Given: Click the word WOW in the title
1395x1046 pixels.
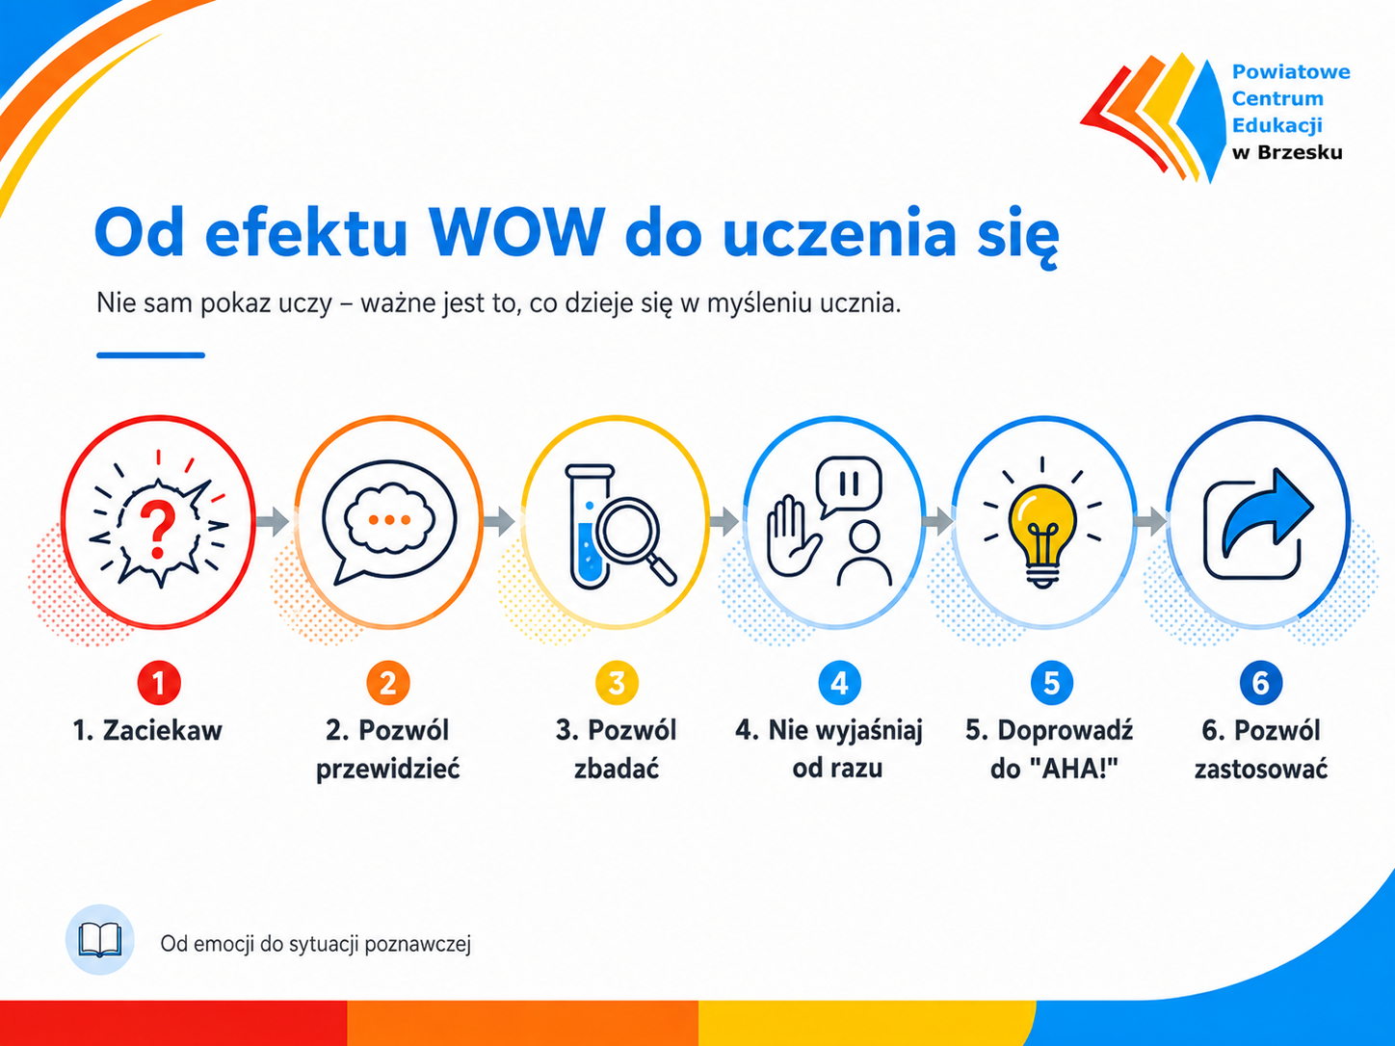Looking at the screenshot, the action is [x=516, y=232].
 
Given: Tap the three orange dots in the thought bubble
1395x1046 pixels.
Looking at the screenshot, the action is [x=389, y=520].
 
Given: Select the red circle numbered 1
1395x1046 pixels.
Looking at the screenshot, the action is [x=159, y=683].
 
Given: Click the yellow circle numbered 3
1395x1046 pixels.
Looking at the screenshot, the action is [x=617, y=683].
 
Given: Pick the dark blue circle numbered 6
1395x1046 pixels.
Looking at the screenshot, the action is [x=1261, y=683].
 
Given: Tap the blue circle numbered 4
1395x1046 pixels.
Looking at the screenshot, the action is [x=839, y=683].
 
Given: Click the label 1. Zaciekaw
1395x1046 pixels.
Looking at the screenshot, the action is [x=147, y=730].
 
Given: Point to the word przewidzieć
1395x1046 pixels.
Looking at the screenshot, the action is [x=387, y=770].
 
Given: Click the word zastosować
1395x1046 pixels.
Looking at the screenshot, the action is [x=1261, y=770].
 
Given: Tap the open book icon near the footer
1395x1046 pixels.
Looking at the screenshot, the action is [x=100, y=939].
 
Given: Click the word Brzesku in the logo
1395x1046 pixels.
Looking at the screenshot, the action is [x=1300, y=152].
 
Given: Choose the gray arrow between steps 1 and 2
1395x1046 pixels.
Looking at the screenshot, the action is [x=273, y=521].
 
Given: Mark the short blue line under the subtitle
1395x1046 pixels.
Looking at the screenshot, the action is [x=150, y=355].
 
